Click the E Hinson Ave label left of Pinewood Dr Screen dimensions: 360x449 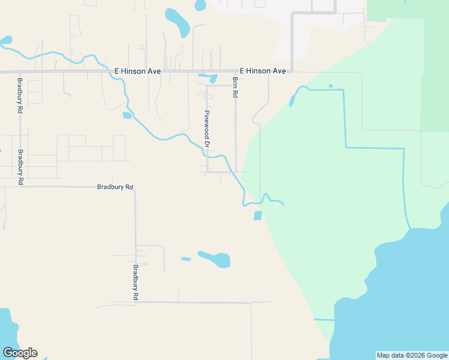click(x=137, y=71)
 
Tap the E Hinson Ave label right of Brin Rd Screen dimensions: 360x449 click(x=263, y=71)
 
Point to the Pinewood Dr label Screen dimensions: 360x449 click(x=206, y=129)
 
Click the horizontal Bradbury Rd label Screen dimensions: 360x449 click(x=115, y=187)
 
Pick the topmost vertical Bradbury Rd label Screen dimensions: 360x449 click(x=20, y=96)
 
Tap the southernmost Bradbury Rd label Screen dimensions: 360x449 click(x=136, y=282)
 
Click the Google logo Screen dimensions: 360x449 click(x=20, y=353)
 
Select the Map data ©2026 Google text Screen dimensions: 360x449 click(x=412, y=355)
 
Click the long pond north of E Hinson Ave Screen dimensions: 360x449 click(x=178, y=23)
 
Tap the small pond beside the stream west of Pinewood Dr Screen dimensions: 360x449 click(x=127, y=115)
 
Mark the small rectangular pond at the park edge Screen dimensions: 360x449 click(x=258, y=215)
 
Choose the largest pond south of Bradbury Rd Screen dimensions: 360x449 click(x=215, y=259)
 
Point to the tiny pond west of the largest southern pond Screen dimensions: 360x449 click(x=186, y=259)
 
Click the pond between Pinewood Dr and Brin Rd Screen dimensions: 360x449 click(x=212, y=78)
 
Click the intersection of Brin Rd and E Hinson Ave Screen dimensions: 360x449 click(x=235, y=71)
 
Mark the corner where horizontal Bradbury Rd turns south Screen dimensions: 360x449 click(x=135, y=188)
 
